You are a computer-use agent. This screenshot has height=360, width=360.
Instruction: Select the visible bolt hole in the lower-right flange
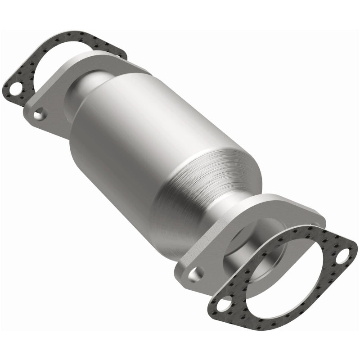[x=196, y=274]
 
